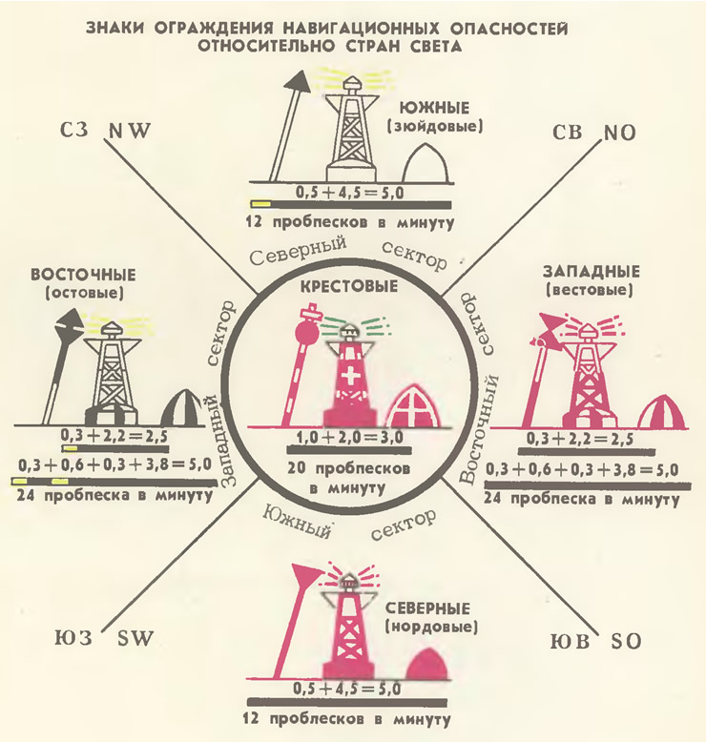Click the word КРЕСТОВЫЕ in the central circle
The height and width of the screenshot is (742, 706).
349,287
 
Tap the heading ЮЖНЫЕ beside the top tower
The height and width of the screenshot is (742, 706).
434,108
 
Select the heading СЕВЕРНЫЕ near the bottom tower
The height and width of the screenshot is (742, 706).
427,608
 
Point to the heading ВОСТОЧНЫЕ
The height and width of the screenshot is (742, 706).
83,275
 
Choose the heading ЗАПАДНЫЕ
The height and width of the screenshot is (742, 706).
591,272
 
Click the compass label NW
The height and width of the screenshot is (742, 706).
129,131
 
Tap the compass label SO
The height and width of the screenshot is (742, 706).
626,642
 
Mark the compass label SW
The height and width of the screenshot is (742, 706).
135,639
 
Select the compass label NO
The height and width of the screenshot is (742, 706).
619,134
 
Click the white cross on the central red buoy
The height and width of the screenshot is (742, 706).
351,377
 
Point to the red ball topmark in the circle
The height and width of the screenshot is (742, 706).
307,334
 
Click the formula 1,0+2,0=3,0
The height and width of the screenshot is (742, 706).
350,437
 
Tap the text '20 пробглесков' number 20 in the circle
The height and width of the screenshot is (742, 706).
297,468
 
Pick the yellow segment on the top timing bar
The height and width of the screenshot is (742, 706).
260,204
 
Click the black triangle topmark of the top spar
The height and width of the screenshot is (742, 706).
297,82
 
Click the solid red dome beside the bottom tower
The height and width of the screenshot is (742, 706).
427,664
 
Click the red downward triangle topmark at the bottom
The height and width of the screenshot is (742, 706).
306,575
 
